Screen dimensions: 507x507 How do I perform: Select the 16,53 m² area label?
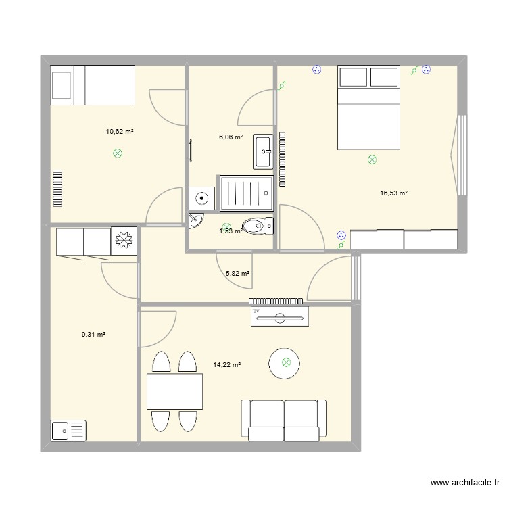(394, 193)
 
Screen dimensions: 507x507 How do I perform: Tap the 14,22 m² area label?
(227, 365)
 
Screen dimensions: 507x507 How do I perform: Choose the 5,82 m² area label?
(237, 274)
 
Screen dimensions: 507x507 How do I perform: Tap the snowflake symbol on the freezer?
(124, 241)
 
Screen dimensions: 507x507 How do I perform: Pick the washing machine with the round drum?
(201, 198)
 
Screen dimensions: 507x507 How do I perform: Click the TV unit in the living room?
(279, 316)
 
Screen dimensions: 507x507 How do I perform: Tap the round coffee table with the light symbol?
(287, 363)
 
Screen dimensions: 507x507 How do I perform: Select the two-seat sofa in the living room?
(284, 419)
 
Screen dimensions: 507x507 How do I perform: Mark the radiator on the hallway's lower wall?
(275, 301)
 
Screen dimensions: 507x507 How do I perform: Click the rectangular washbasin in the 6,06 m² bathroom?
(263, 151)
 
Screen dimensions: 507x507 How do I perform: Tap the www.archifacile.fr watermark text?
(464, 483)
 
